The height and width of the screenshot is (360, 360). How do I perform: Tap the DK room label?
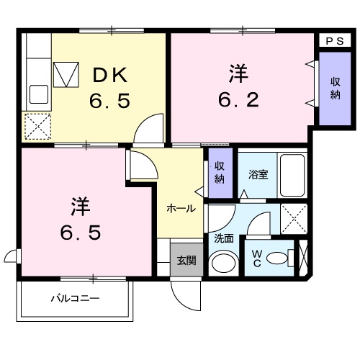point(109,73)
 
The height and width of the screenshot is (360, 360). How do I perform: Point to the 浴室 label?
point(258,174)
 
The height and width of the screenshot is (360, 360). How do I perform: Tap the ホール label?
point(180,208)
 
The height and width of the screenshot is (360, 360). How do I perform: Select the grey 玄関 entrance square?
point(186,260)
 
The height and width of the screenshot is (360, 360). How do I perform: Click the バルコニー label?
point(75,297)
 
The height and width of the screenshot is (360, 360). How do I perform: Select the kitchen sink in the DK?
point(38,94)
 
